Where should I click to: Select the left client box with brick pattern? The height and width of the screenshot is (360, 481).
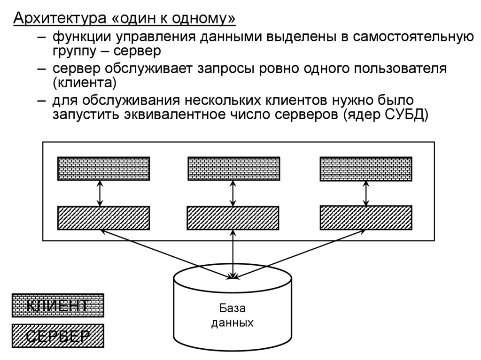click(103, 169)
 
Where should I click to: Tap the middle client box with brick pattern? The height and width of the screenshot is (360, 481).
click(233, 169)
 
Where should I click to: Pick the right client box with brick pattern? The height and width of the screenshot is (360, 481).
click(366, 169)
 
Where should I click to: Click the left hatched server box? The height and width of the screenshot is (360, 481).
click(103, 218)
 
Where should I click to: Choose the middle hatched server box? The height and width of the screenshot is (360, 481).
click(233, 218)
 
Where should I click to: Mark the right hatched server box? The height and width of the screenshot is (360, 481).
click(366, 218)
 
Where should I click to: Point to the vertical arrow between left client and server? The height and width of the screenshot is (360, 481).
click(100, 193)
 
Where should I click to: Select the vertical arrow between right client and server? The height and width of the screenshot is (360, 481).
click(366, 193)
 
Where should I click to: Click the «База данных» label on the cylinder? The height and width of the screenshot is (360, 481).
click(233, 315)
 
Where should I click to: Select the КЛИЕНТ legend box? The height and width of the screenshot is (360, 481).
click(58, 306)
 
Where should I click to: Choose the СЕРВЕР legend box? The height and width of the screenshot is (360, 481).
click(58, 336)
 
